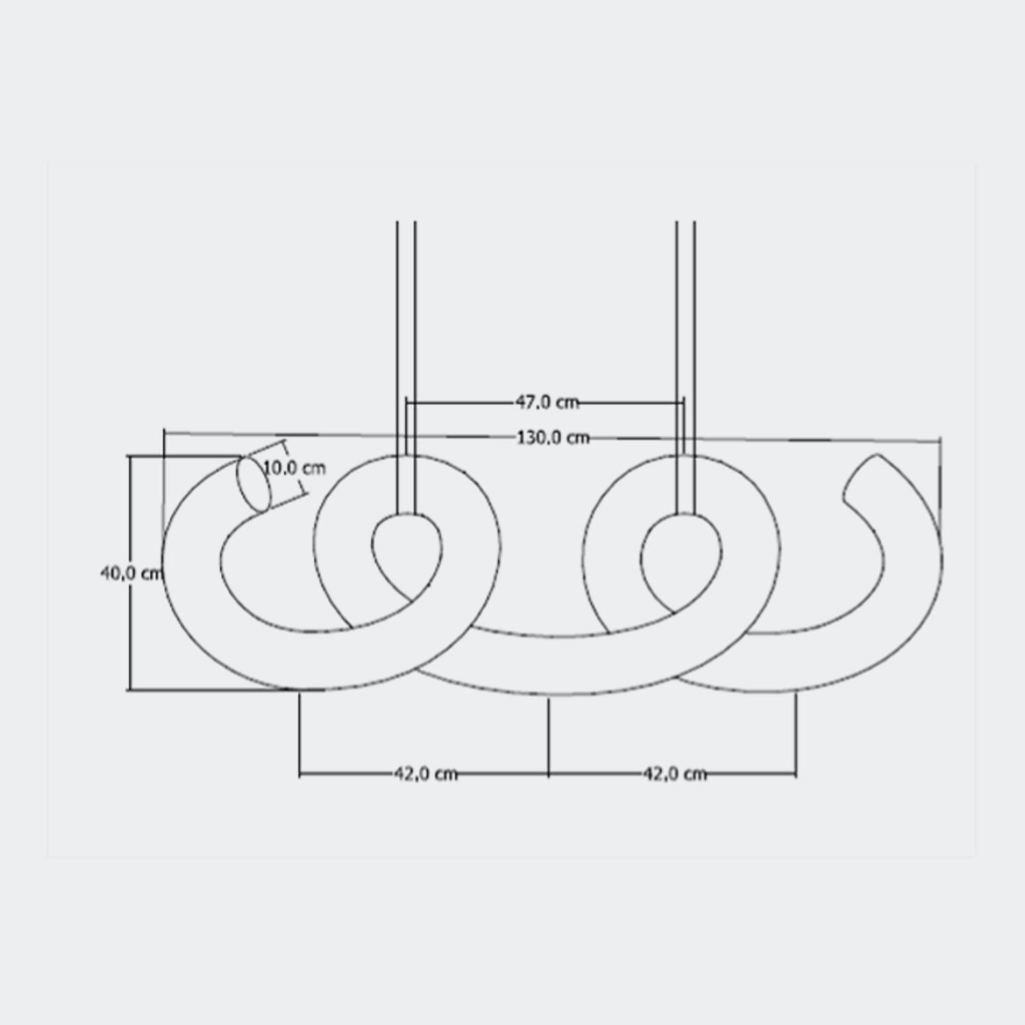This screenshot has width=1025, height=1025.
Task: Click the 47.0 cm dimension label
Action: tap(547, 402)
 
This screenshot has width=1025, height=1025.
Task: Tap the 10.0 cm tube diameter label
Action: tap(295, 469)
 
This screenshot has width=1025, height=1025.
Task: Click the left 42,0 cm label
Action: tap(425, 774)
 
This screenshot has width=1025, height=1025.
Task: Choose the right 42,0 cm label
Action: tap(674, 774)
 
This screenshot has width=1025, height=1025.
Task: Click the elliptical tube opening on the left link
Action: tap(252, 484)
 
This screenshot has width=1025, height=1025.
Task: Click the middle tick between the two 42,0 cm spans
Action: tap(549, 774)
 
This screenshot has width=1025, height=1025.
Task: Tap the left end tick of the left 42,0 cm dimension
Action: tap(300, 774)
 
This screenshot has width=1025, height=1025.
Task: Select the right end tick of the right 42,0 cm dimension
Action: tap(796, 774)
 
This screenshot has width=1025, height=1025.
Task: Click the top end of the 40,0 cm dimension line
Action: tap(129, 456)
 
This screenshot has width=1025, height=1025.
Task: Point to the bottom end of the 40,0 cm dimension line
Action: tap(129, 690)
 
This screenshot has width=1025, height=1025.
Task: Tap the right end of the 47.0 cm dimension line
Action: tap(683, 403)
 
